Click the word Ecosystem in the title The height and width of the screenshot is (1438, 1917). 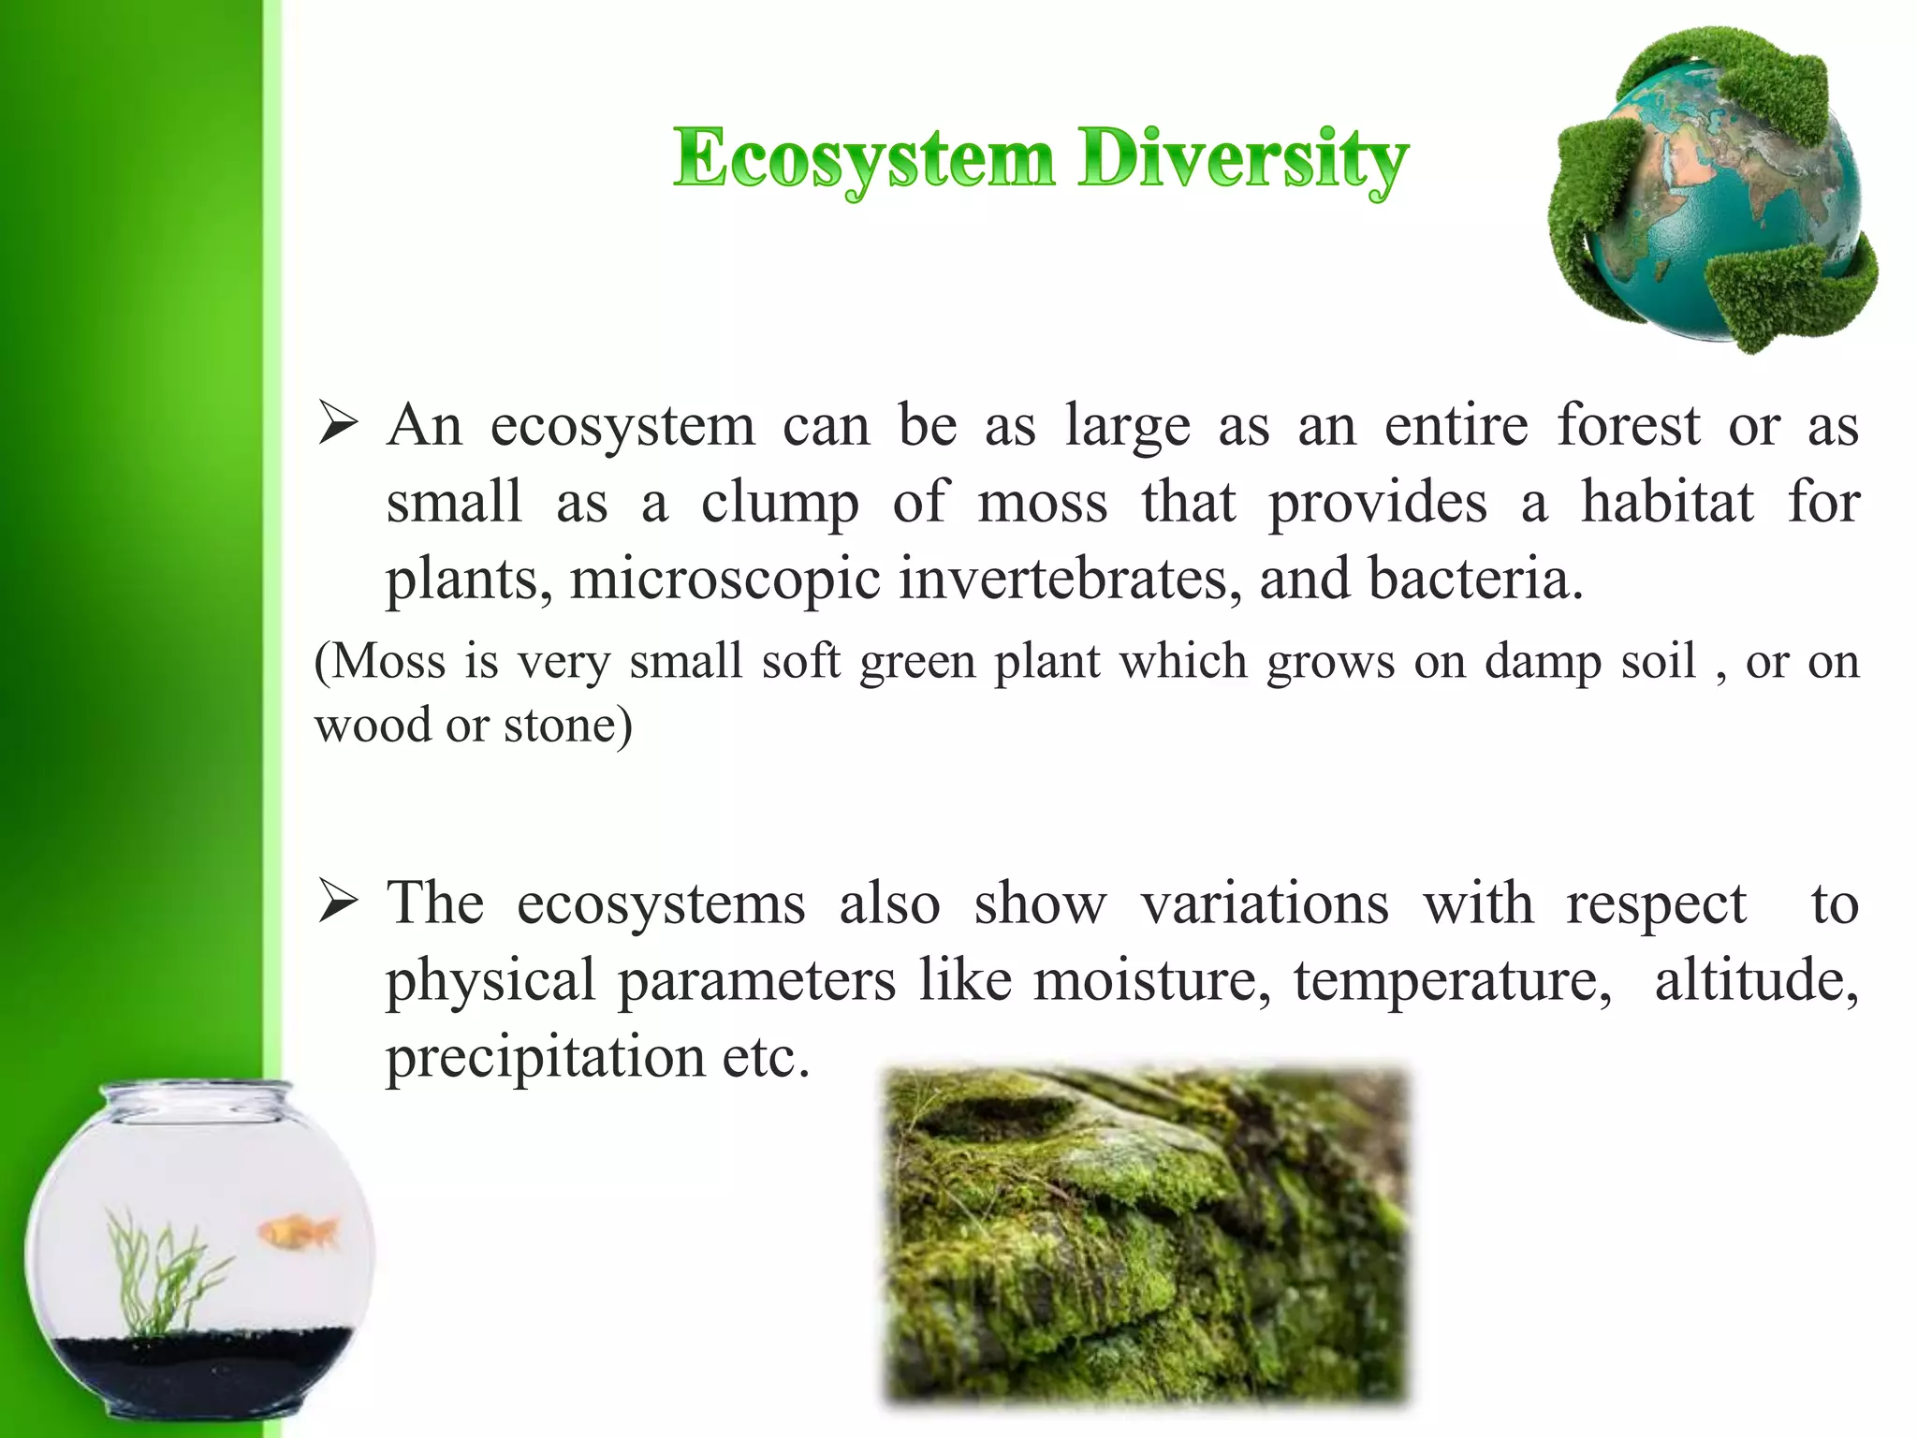coord(863,159)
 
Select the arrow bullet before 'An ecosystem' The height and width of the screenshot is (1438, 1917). coord(337,423)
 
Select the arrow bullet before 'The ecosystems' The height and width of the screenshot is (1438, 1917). coord(337,903)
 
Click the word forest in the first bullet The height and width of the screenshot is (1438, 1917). coord(1628,426)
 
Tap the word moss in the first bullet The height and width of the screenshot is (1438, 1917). coord(1042,503)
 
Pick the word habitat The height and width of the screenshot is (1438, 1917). coord(1667,503)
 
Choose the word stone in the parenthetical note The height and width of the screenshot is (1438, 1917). coord(559,725)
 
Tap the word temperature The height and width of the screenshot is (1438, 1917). coord(1452,981)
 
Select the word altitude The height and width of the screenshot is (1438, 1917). coord(1756,981)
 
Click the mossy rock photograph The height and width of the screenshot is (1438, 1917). coord(1146,1236)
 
